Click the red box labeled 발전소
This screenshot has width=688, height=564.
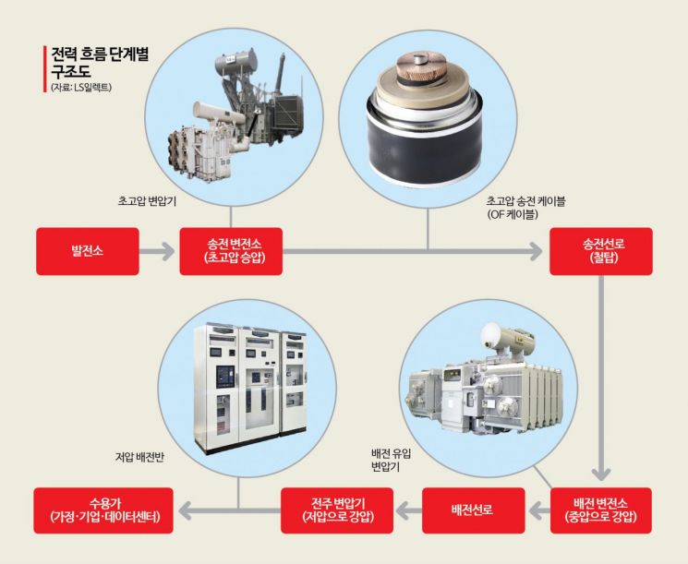click(88, 250)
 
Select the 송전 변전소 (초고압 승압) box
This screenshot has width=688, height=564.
click(230, 250)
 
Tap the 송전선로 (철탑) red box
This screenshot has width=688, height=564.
click(600, 250)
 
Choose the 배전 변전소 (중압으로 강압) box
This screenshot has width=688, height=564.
click(600, 510)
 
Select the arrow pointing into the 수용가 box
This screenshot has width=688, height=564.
click(185, 510)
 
